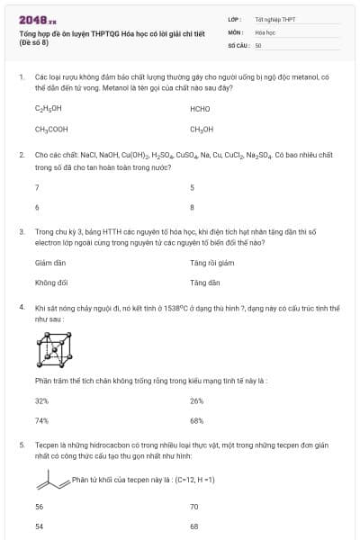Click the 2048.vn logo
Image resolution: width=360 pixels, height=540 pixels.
tap(37, 19)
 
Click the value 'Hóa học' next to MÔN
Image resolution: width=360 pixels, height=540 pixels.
tap(265, 31)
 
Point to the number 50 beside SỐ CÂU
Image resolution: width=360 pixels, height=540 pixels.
tap(258, 44)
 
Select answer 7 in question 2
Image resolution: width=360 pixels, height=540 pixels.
tap(37, 187)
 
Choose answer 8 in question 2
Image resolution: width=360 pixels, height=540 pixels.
tap(192, 207)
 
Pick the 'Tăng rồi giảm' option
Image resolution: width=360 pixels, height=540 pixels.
tap(211, 263)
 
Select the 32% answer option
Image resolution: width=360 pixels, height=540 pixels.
tap(41, 400)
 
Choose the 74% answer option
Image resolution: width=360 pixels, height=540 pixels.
tap(41, 419)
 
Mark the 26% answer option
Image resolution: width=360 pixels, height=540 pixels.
tap(197, 400)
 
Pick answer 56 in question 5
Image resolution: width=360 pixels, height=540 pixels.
tap(39, 507)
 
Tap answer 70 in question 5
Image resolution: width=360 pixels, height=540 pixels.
tap(194, 507)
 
